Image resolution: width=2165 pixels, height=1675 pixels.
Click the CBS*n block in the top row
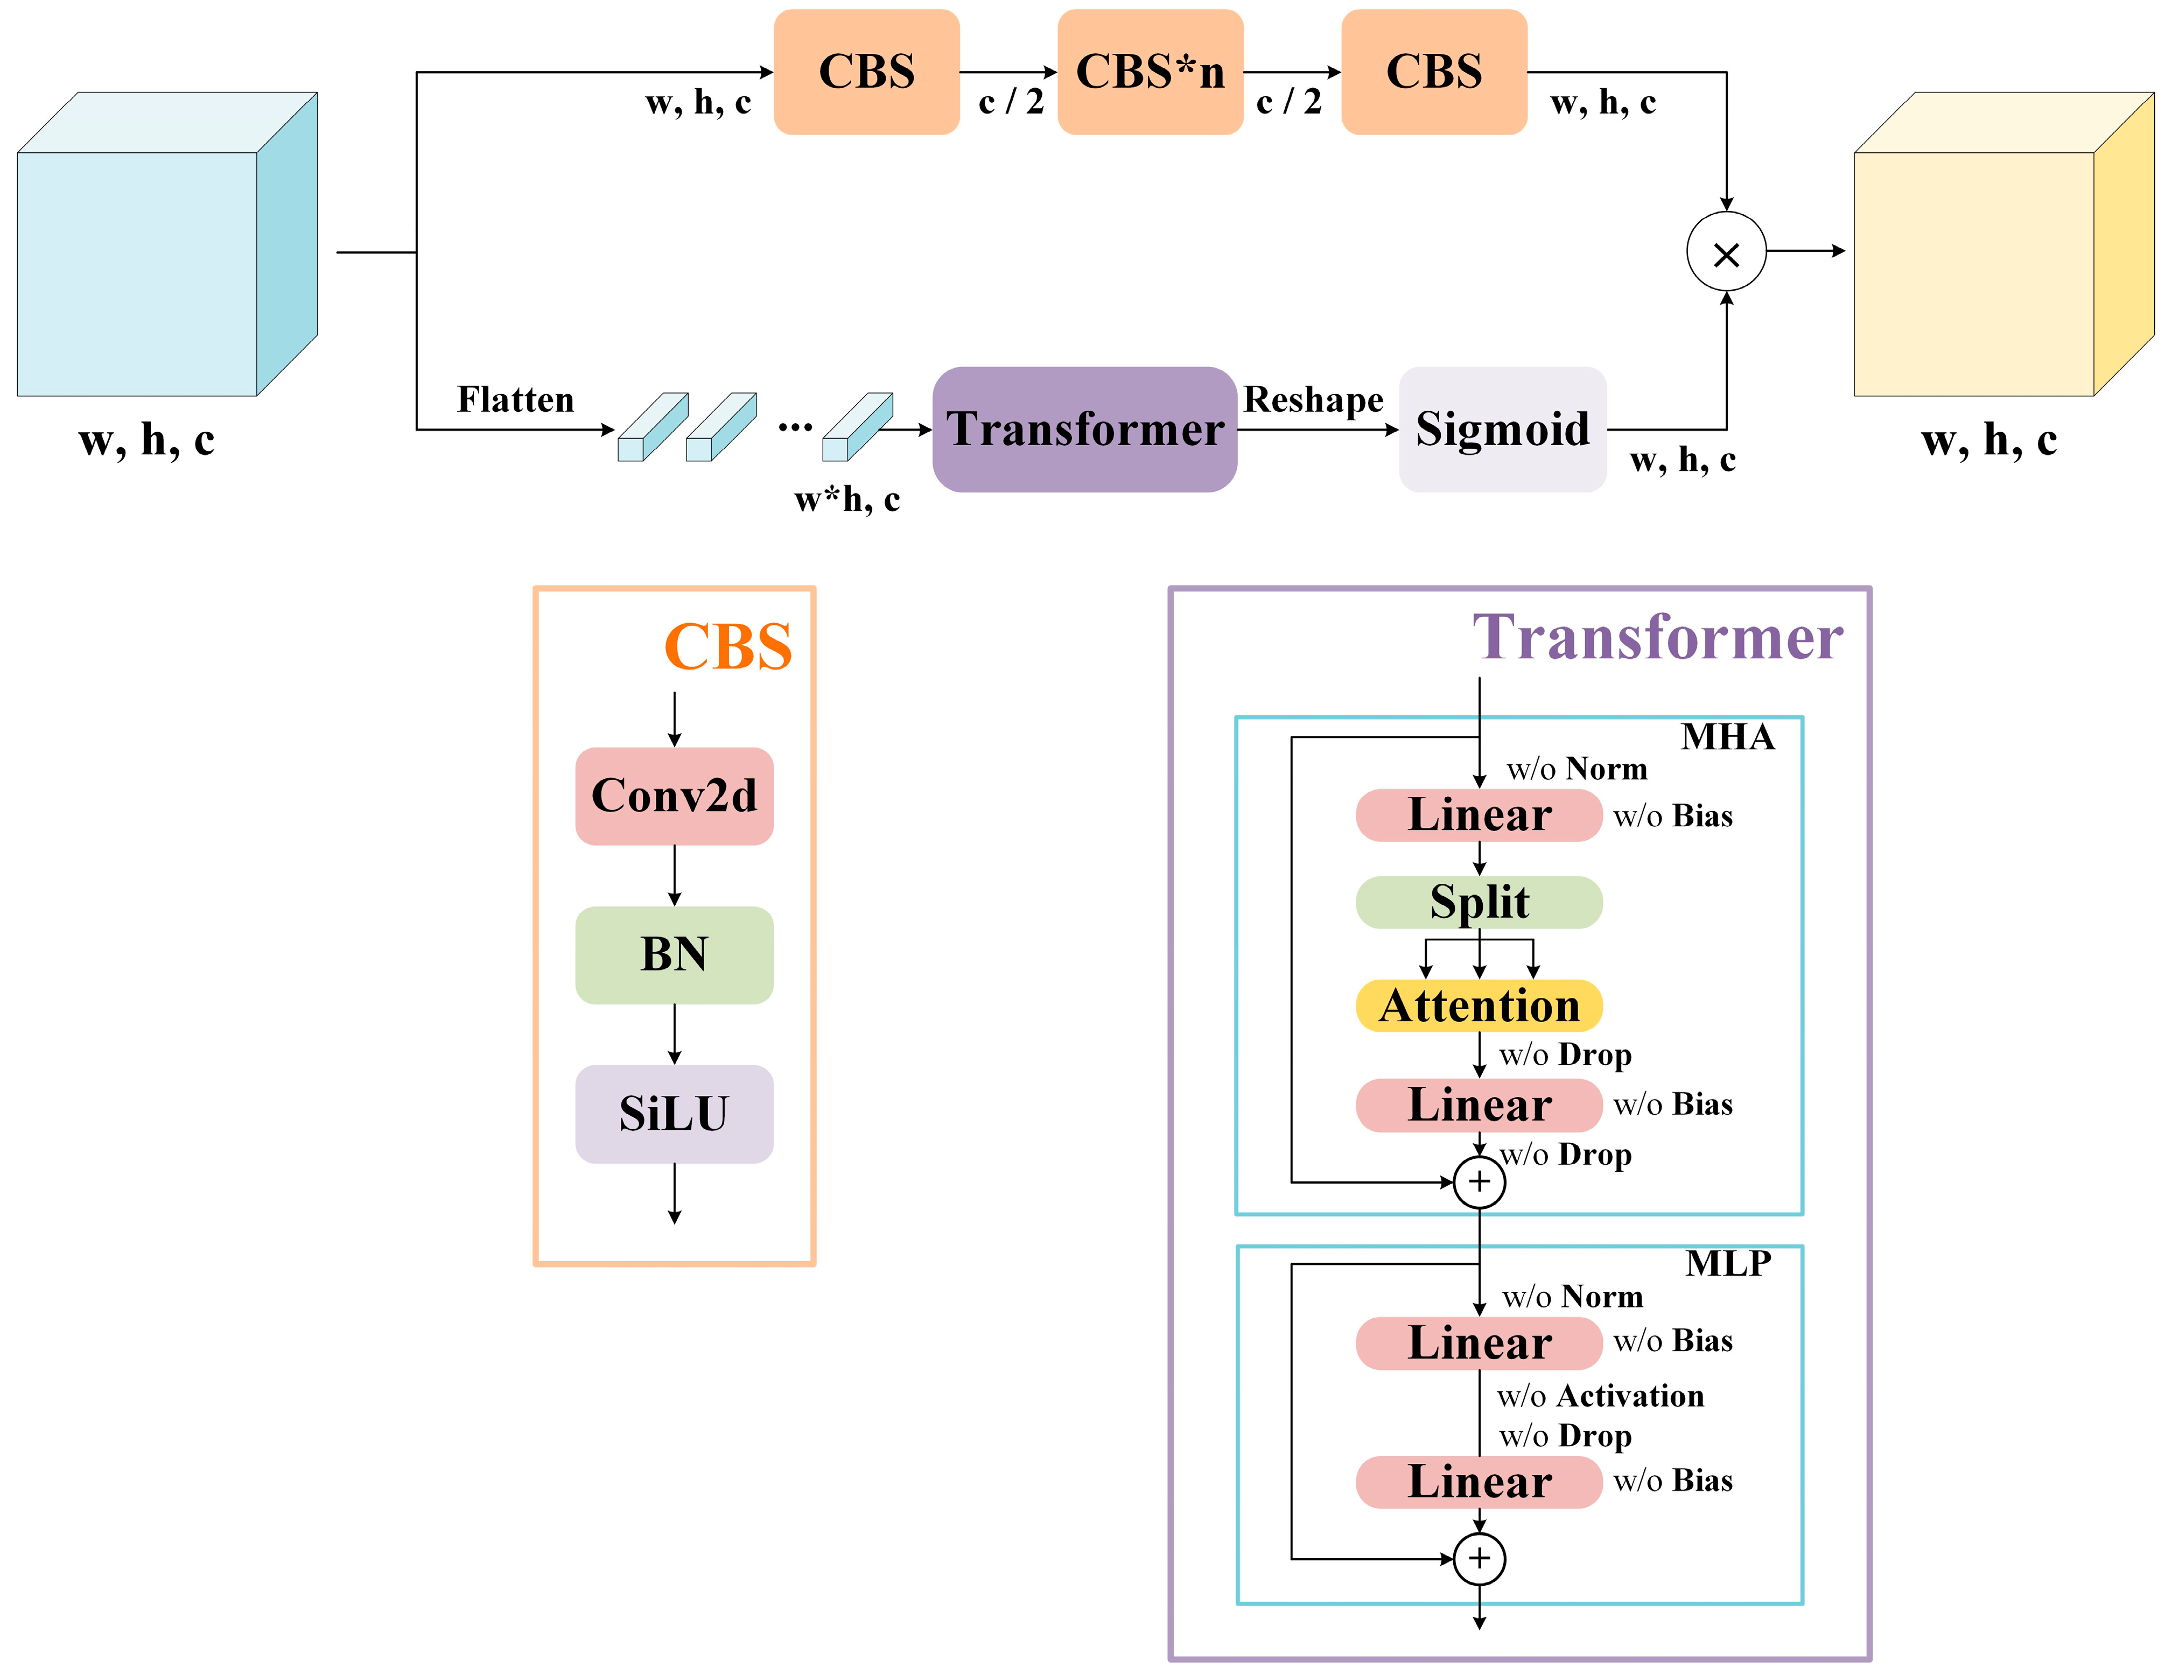pyautogui.click(x=1150, y=72)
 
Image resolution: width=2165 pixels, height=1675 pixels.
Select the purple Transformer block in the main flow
pyautogui.click(x=1084, y=429)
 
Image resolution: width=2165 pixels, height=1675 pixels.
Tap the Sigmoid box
pyautogui.click(x=1502, y=429)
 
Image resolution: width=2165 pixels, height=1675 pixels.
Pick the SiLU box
pyautogui.click(x=674, y=1113)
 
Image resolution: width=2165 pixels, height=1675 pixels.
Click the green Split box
pyautogui.click(x=1478, y=902)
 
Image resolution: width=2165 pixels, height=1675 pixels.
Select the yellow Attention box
pyautogui.click(x=1478, y=1005)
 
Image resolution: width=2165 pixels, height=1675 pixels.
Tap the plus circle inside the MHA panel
pyautogui.click(x=1478, y=1181)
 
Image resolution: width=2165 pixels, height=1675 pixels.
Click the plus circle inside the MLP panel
pyautogui.click(x=1478, y=1558)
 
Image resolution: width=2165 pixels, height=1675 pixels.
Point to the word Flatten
pyautogui.click(x=515, y=399)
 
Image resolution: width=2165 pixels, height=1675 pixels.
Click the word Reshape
pyautogui.click(x=1313, y=399)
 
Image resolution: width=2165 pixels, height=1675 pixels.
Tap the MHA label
pyautogui.click(x=1727, y=736)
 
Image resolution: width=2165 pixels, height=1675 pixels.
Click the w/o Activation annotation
pyautogui.click(x=1600, y=1396)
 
